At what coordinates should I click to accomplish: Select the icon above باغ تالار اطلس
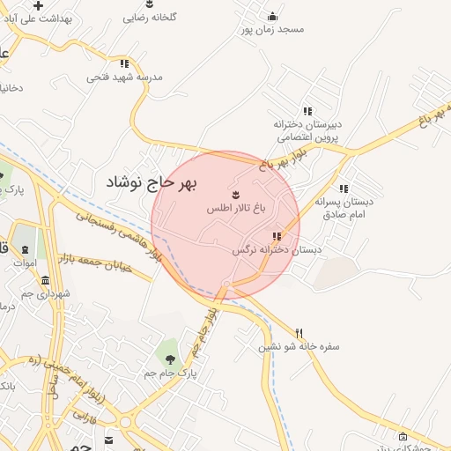pos(235,194)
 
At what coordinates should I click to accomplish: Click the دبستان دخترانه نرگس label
pos(277,250)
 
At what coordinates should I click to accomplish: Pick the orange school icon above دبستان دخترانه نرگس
pos(277,236)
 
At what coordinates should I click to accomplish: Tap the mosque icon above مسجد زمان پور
pos(272,15)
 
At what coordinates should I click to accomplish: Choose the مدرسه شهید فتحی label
pos(125,77)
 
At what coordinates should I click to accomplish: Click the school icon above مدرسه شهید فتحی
pos(124,63)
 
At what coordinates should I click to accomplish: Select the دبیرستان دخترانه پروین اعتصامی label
pos(308,131)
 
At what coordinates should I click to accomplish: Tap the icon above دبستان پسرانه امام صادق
pos(344,189)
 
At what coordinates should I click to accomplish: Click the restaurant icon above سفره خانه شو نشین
pos(299,333)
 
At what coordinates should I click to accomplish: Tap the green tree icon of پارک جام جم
pos(170,359)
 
